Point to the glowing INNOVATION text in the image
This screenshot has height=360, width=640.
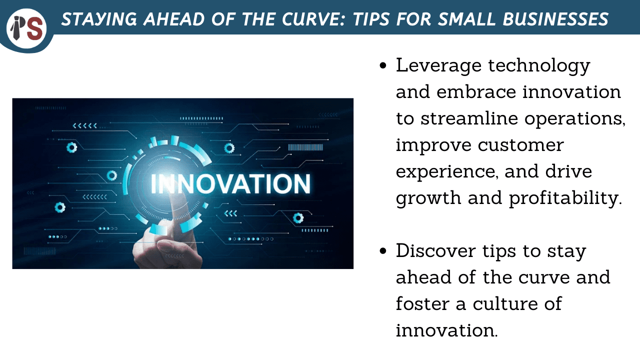230,183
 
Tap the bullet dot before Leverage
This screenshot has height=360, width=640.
383,66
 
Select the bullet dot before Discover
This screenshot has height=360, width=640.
383,251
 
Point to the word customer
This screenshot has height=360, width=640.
520,145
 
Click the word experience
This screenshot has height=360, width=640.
446,171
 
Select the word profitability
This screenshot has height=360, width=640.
565,198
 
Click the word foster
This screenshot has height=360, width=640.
424,304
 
